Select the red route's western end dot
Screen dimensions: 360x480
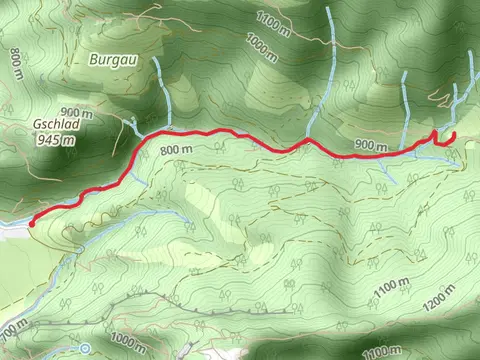[32, 224]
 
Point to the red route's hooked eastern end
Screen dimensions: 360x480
[450, 136]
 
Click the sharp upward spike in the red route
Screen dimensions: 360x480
[434, 132]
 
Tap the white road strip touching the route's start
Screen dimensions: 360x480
[12, 227]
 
